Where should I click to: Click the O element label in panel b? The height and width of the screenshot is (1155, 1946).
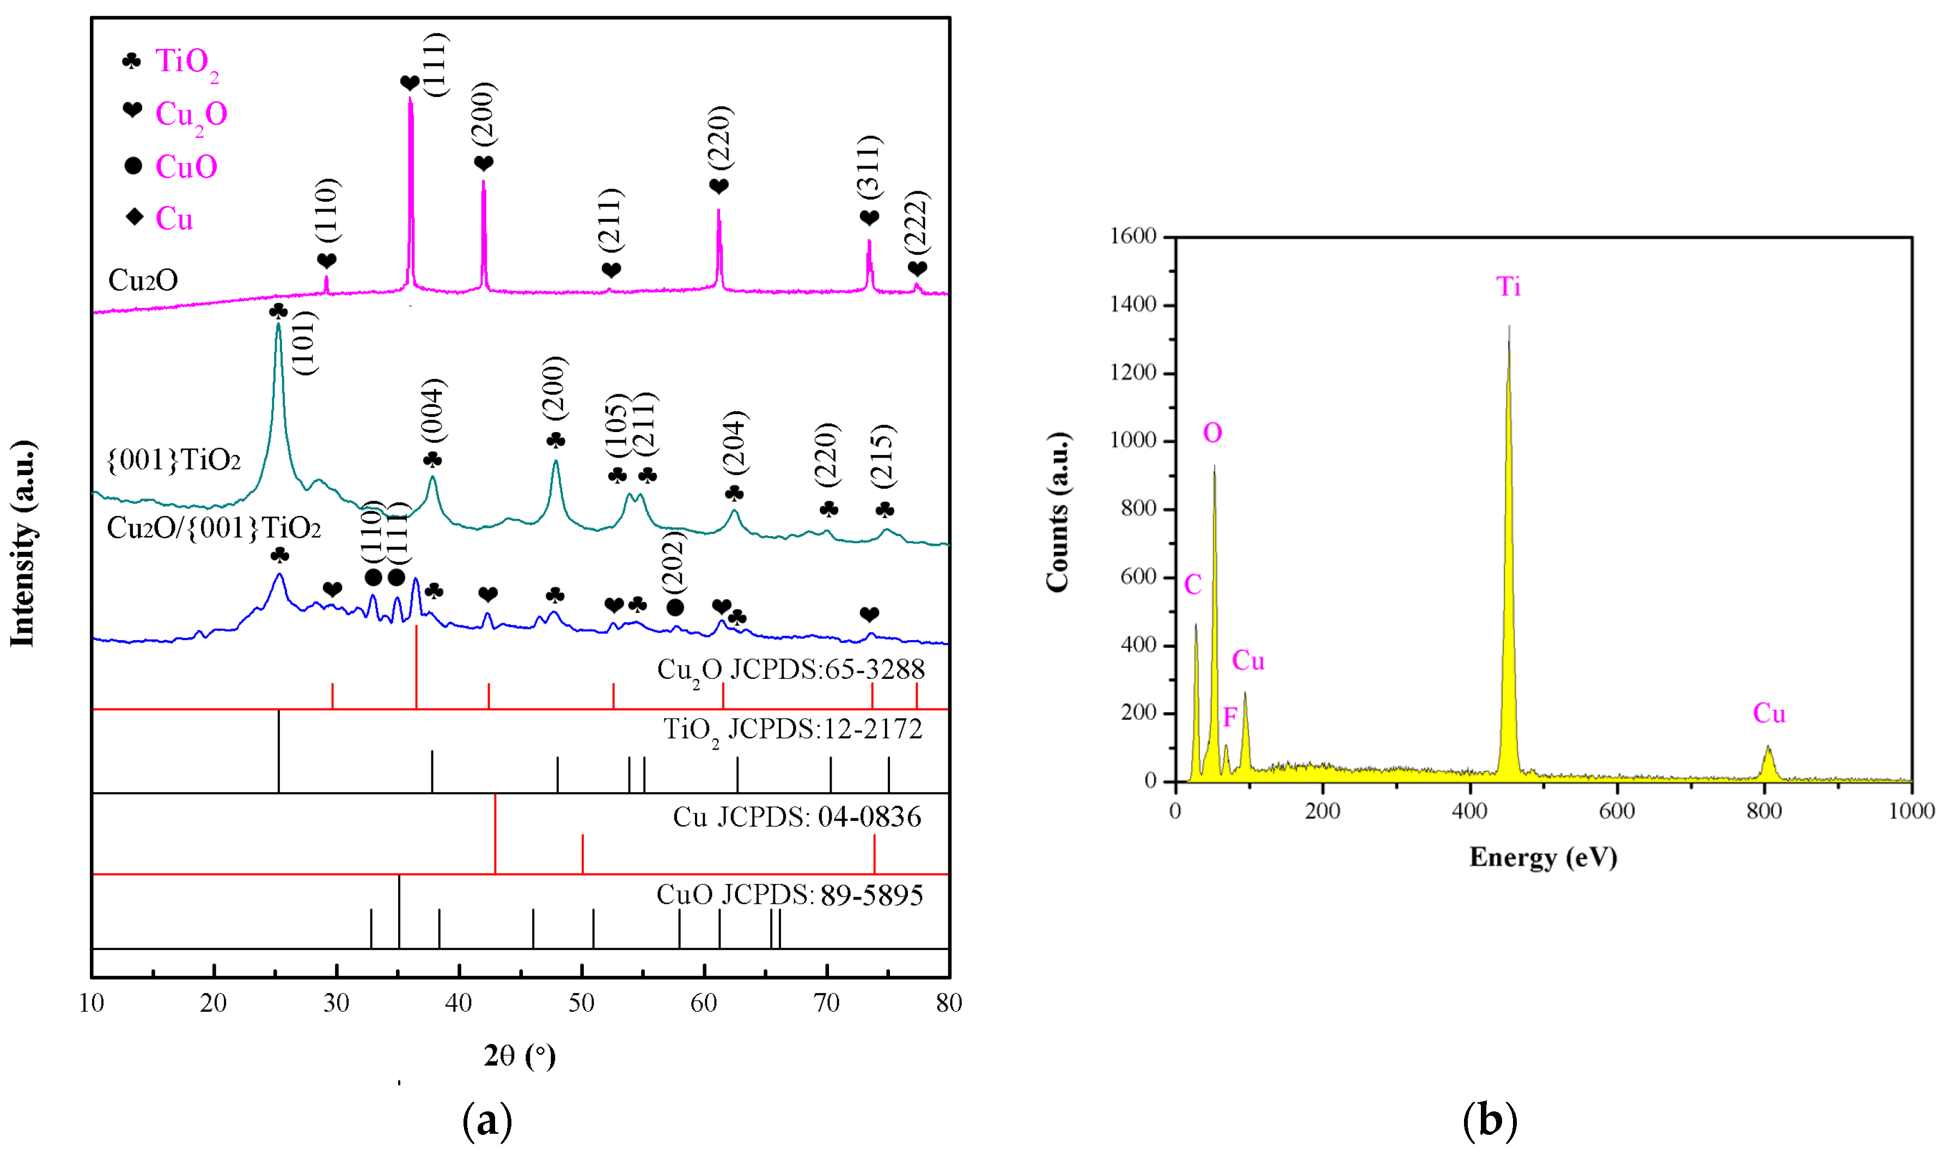tap(1212, 433)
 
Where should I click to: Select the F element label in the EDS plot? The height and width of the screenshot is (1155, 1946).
tap(1229, 717)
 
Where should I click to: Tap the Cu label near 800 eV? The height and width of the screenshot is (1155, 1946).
tap(1768, 714)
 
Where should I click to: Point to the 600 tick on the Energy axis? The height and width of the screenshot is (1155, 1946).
tap(1617, 811)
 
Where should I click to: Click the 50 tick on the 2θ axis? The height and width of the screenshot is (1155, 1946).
tap(581, 1003)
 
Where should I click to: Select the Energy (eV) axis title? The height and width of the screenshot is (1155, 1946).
tap(1543, 857)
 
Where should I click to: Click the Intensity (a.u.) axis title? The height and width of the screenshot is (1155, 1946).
tap(23, 543)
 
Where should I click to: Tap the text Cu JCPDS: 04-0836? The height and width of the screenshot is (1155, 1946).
tap(797, 817)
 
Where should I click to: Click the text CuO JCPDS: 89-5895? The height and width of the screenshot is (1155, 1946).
tap(789, 895)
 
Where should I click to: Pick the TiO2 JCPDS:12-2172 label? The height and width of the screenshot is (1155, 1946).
tap(792, 730)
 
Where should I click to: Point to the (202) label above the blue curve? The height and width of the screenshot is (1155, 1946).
tap(673, 561)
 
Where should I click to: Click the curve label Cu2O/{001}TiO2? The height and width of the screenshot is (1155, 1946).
tap(213, 528)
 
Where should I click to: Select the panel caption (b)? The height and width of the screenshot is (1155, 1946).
tap(1489, 1121)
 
